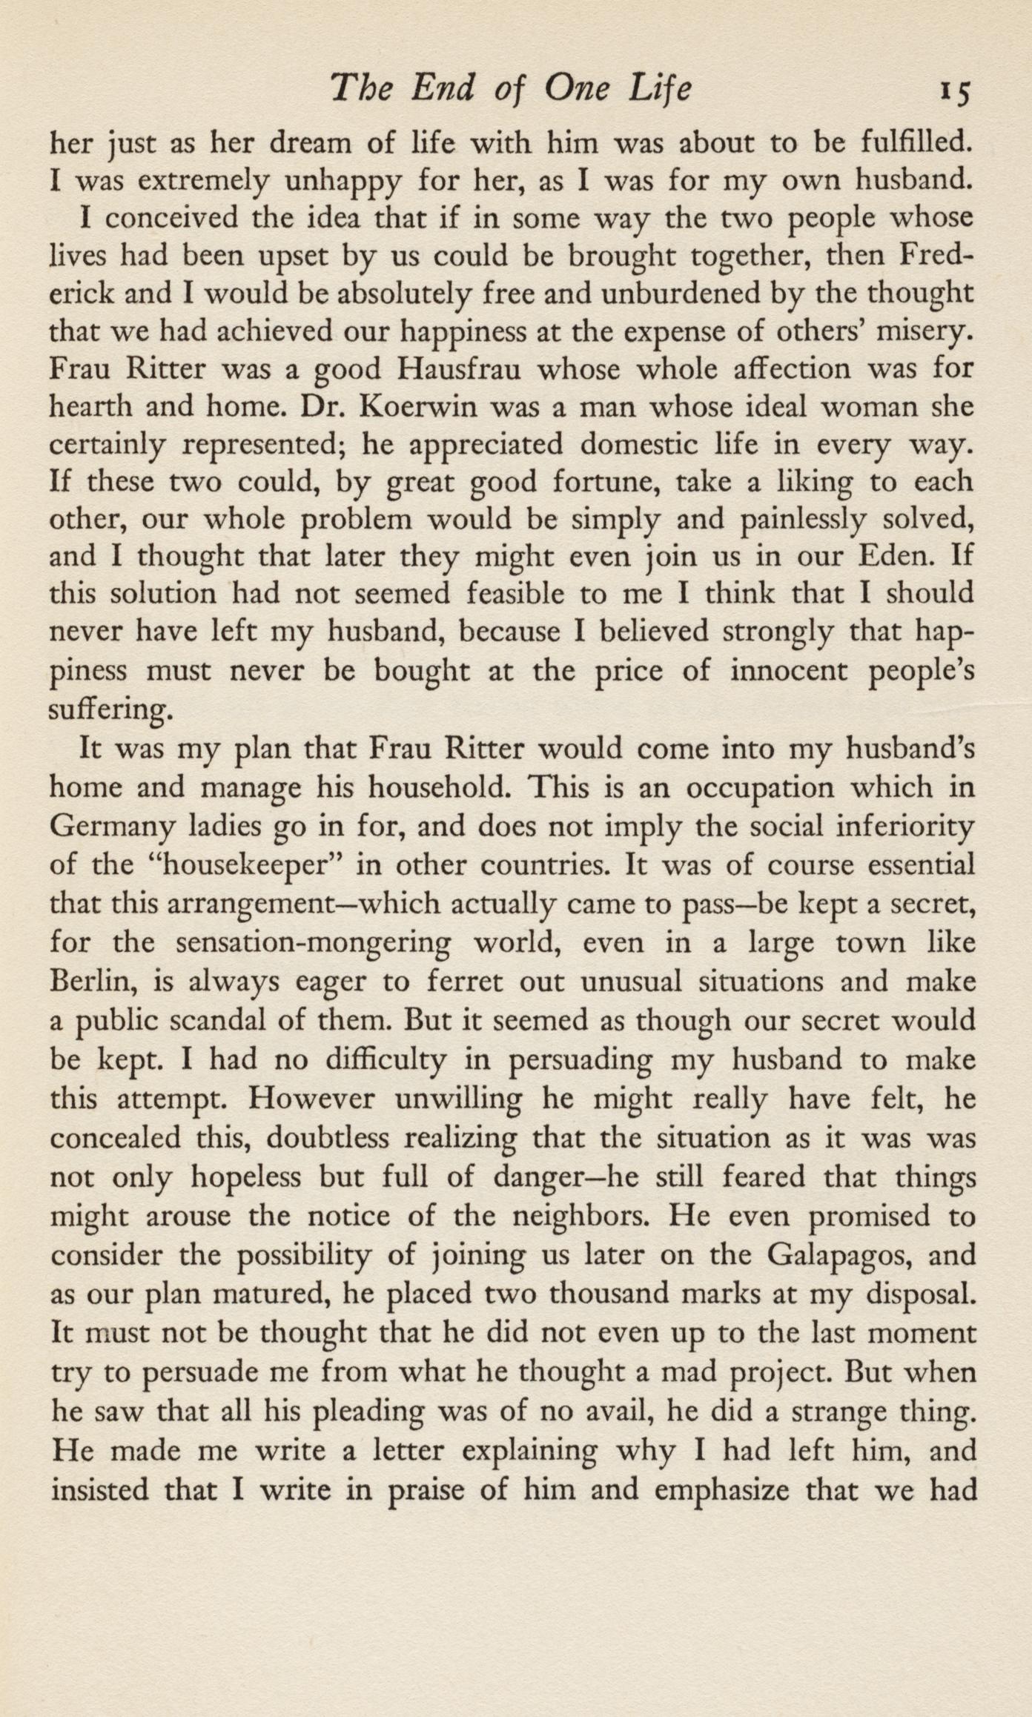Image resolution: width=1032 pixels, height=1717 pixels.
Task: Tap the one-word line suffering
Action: pos(111,709)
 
